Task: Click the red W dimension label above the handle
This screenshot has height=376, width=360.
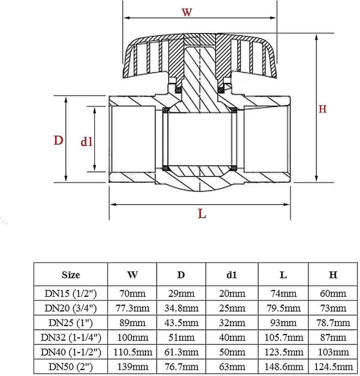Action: [x=187, y=12]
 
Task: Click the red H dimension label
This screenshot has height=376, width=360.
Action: [x=322, y=109]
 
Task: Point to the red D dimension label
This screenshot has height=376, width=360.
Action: [x=58, y=141]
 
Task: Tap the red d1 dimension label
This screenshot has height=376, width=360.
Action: [x=86, y=142]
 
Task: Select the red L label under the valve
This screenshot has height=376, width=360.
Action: [x=202, y=213]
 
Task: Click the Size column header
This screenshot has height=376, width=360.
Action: [x=71, y=274]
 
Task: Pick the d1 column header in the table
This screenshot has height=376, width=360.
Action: [x=232, y=275]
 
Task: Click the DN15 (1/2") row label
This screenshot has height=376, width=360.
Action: [x=71, y=294]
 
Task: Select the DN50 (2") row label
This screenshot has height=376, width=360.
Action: [x=71, y=366]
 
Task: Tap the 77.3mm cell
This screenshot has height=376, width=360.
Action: [x=133, y=308]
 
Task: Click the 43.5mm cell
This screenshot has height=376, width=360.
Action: [x=181, y=323]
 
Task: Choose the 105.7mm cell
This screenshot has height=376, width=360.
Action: [x=284, y=338]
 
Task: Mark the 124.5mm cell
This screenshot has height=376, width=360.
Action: [x=333, y=366]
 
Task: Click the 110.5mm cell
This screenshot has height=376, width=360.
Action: [x=133, y=352]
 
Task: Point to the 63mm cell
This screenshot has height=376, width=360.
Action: [x=232, y=366]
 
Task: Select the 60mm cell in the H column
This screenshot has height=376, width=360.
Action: [x=333, y=294]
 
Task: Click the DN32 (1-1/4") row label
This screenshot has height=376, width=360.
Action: [x=71, y=338]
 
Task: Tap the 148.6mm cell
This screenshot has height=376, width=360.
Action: [x=284, y=366]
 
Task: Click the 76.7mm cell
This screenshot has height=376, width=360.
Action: [x=181, y=366]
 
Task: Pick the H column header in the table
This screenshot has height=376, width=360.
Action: [x=333, y=275]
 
